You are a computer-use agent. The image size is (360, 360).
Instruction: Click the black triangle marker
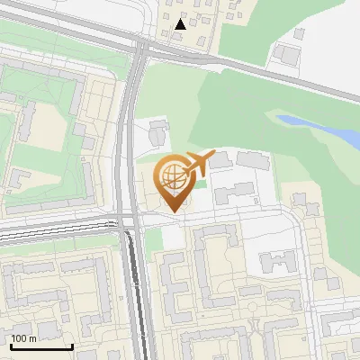[x=181, y=24]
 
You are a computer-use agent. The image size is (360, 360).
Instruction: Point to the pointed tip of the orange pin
[x=173, y=212]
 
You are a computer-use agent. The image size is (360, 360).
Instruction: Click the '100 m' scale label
[x=23, y=338]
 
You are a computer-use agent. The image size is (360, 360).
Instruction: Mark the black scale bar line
[x=41, y=346]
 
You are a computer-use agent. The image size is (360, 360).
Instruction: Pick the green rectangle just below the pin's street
[x=153, y=238]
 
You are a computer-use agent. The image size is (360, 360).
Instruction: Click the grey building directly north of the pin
[x=158, y=133]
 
